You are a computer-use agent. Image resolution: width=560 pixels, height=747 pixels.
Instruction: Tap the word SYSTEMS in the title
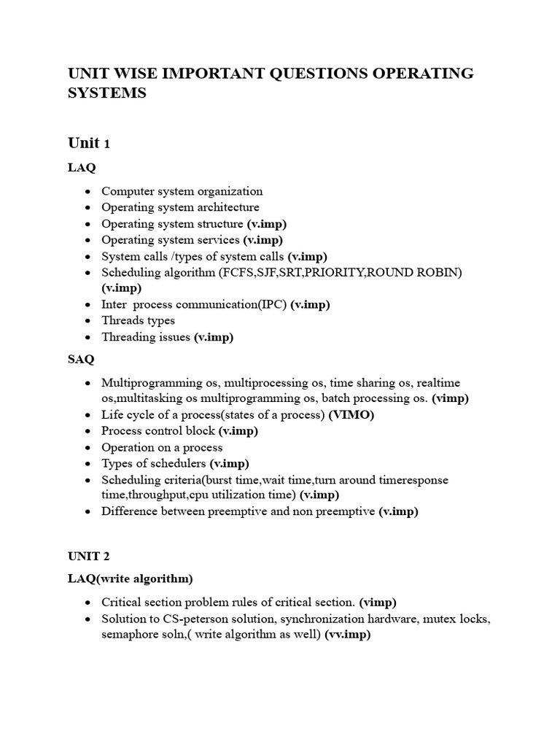point(106,94)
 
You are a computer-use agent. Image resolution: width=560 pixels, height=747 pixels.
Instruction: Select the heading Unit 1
point(88,142)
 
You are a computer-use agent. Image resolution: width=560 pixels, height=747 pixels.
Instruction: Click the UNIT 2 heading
point(88,556)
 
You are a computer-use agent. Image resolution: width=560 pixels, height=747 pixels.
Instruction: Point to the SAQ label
point(80,359)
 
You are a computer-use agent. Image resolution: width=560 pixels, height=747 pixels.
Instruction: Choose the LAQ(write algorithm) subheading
point(131,578)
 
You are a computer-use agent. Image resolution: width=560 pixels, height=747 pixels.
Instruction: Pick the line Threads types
point(138,320)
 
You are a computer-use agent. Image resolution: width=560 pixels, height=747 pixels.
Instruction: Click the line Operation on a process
point(162,447)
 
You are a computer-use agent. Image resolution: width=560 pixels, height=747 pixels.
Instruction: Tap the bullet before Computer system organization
point(87,192)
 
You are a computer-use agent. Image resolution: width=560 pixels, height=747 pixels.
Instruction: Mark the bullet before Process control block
point(87,431)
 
